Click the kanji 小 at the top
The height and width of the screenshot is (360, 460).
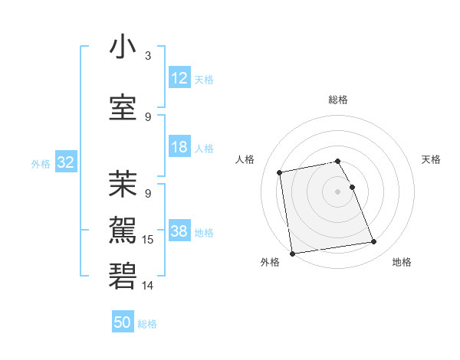(123, 47)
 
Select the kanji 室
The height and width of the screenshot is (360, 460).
(123, 107)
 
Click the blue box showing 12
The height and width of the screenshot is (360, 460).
(179, 78)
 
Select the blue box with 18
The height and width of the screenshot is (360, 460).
(179, 147)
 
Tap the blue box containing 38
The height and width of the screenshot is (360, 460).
(179, 231)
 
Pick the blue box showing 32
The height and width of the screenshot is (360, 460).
(65, 162)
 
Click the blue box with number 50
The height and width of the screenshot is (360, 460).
(123, 322)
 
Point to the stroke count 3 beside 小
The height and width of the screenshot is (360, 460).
(148, 56)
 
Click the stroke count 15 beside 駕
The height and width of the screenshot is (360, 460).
(149, 240)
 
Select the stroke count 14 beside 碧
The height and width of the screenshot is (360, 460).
(149, 286)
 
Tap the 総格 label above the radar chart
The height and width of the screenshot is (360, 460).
(338, 100)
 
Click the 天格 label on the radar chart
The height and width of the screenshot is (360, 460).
(431, 159)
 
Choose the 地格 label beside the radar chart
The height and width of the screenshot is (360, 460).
(402, 262)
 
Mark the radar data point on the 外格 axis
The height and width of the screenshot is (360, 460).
(292, 253)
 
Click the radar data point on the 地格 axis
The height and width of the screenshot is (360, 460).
(374, 242)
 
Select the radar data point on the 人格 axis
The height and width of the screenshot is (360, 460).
(281, 172)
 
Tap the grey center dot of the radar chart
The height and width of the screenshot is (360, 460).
(338, 191)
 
